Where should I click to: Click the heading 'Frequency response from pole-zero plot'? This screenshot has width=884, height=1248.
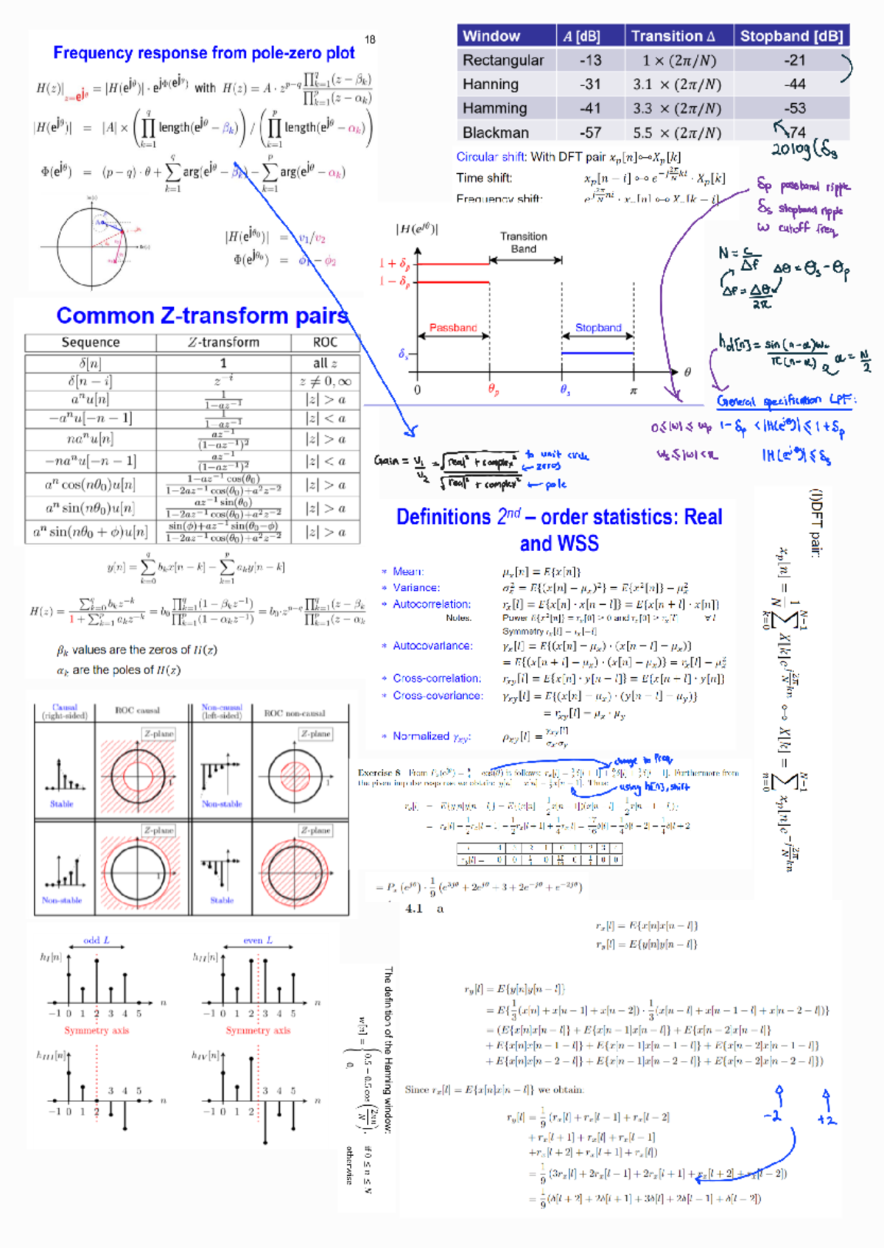tap(203, 53)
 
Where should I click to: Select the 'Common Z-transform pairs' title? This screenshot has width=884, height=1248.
tap(202, 316)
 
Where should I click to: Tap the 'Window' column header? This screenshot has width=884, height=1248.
tap(491, 36)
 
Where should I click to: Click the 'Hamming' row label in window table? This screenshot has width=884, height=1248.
tap(495, 108)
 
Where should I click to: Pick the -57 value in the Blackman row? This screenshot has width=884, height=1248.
tap(589, 133)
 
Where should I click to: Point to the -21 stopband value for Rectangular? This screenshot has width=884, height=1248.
tap(794, 60)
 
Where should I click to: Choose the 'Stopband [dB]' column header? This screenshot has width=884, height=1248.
tap(791, 36)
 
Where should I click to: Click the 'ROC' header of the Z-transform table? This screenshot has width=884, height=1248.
tap(325, 343)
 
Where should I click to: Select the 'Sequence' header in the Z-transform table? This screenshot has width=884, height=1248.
tap(91, 343)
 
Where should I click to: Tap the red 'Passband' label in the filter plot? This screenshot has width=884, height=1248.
tap(453, 328)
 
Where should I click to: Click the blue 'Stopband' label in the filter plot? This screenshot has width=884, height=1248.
tap(598, 328)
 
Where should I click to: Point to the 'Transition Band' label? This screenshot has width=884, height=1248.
tap(524, 242)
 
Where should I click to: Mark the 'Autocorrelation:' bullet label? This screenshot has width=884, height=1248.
tap(432, 604)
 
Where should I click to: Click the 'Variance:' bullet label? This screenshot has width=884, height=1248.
tap(416, 588)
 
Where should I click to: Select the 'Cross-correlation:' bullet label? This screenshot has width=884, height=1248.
tap(437, 679)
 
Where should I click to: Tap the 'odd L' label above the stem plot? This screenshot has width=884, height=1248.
tap(97, 941)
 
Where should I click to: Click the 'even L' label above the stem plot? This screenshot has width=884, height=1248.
tap(258, 941)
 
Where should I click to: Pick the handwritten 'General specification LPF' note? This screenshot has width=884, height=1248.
tap(785, 401)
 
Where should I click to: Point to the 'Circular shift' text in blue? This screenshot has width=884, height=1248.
tap(491, 157)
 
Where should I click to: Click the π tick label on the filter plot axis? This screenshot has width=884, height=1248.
tap(633, 390)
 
